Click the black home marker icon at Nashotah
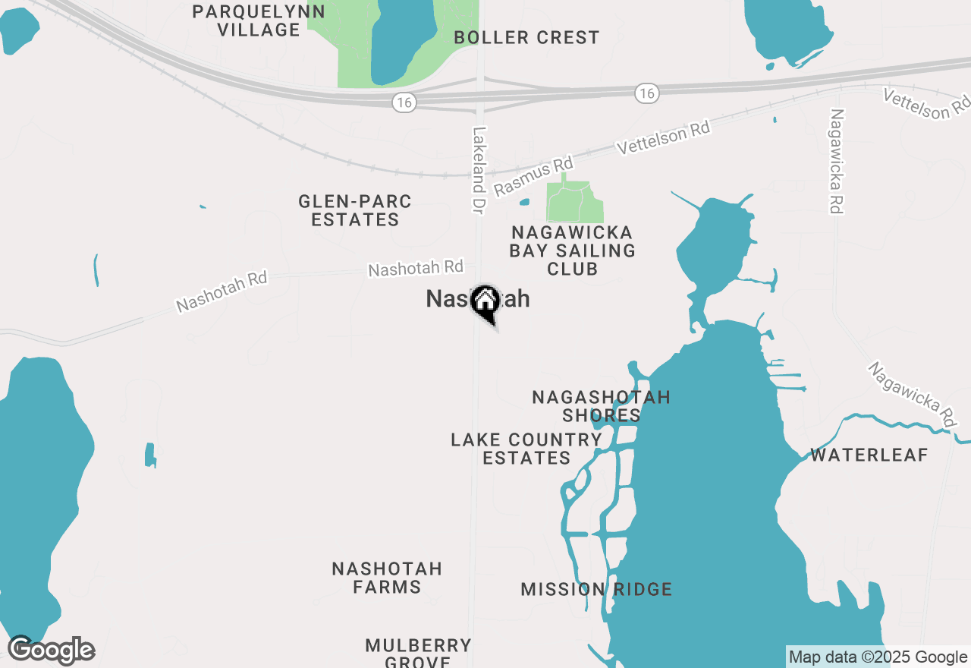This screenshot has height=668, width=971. coord(484,303)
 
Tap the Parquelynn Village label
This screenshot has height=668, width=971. coord(259,20)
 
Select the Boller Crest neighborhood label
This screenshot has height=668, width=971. coord(526,37)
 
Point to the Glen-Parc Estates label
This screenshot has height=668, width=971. coord(355,210)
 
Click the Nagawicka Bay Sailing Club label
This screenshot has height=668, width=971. coord(572,250)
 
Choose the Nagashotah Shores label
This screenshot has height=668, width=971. coord(601,406)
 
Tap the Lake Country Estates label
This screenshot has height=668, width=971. coord(526,449)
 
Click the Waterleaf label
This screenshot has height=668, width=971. coord(869,455)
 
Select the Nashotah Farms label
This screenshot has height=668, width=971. coord(387,578)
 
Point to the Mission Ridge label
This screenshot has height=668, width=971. coord(596,589)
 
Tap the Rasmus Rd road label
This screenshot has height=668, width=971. coord(533,177)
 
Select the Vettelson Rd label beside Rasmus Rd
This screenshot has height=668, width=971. coord(664,138)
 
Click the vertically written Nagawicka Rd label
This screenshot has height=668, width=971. coord(837,161)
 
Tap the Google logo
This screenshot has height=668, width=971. coord(51,651)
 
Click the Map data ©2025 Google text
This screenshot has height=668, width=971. coord(878,657)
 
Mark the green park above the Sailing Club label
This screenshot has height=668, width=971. coord(575,200)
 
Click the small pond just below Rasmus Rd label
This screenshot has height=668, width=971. coord(524,203)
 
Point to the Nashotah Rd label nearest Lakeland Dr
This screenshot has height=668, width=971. coord(415,269)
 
